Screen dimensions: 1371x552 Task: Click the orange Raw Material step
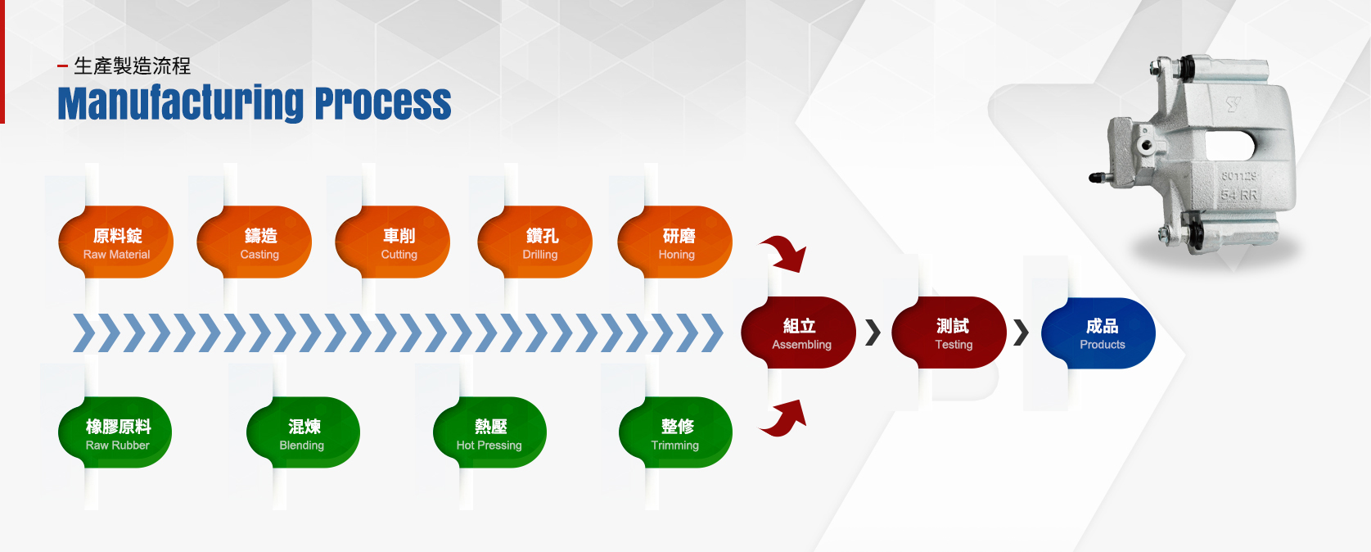click(x=115, y=242)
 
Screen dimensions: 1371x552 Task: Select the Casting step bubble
click(x=254, y=242)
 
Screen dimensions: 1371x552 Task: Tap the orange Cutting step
click(x=392, y=242)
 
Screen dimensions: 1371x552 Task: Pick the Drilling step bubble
click(x=535, y=242)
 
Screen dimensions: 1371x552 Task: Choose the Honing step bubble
click(x=675, y=242)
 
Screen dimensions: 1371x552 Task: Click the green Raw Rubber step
click(x=115, y=432)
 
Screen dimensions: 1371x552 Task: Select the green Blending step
click(x=303, y=432)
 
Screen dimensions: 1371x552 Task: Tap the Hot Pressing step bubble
click(x=489, y=432)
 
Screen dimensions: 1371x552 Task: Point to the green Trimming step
click(x=676, y=432)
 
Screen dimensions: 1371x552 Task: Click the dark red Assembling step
click(x=799, y=333)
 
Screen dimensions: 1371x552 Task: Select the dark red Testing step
click(x=949, y=333)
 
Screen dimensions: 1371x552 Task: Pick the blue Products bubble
click(x=1098, y=333)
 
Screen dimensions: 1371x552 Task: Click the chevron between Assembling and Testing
click(x=873, y=333)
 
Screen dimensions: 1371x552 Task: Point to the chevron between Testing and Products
click(x=1021, y=333)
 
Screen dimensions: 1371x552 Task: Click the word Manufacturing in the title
click(x=181, y=103)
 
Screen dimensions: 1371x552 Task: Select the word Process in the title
click(x=383, y=103)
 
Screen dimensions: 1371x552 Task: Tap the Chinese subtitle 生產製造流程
click(x=133, y=66)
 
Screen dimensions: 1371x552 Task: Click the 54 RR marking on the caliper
click(x=1239, y=196)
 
